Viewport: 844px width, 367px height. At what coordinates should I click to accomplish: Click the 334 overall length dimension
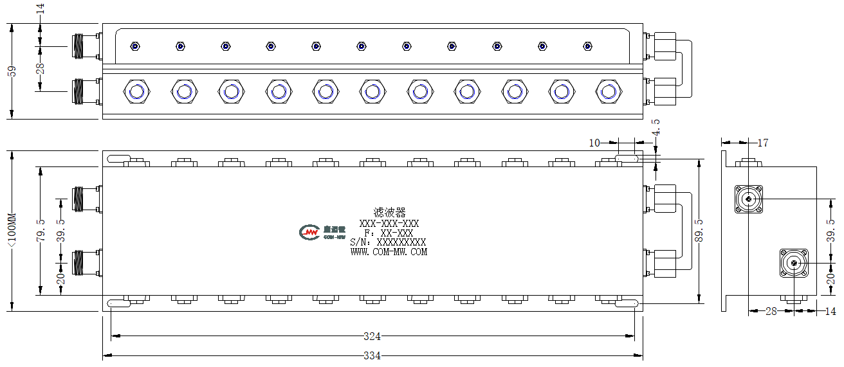372,355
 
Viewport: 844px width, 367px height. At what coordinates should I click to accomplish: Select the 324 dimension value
372,336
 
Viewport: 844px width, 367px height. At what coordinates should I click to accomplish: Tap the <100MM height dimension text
12,230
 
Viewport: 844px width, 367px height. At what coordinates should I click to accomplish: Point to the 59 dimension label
12,71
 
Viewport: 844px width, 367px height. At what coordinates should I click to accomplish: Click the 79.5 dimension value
41,230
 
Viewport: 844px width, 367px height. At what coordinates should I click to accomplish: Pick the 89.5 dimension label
699,230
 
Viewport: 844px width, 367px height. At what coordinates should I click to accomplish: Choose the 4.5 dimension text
656,127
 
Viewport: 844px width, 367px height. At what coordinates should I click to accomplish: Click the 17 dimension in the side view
762,143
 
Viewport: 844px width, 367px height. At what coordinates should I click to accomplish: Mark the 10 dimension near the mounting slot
594,143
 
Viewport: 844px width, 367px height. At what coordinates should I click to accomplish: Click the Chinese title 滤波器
389,213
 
